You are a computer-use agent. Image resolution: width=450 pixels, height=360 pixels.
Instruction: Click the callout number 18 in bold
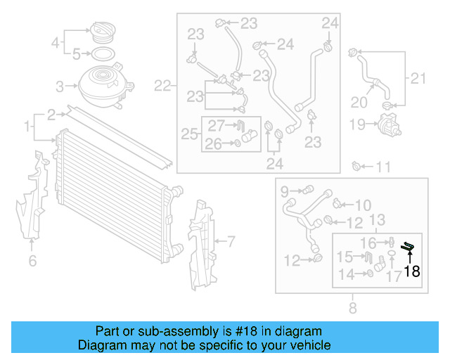click(x=411, y=271)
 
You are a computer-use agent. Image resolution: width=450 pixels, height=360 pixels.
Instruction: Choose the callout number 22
click(x=162, y=86)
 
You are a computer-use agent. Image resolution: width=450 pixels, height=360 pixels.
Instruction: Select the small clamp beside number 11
click(x=357, y=167)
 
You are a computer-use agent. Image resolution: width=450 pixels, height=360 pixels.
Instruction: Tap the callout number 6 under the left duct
click(x=32, y=262)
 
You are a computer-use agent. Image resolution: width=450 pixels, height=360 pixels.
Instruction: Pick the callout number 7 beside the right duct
click(x=230, y=241)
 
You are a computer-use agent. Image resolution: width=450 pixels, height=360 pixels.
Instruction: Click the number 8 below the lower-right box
click(x=352, y=307)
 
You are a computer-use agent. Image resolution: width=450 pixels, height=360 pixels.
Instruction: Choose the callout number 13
click(x=377, y=220)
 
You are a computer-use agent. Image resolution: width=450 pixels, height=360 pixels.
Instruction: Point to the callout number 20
click(x=359, y=102)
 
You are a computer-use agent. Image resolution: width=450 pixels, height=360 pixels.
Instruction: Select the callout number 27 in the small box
click(x=215, y=126)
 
